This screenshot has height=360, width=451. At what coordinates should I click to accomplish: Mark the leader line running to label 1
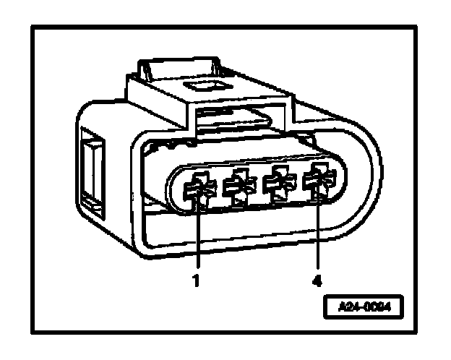click(197, 239)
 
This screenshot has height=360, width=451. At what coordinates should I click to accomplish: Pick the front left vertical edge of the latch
click(129, 94)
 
